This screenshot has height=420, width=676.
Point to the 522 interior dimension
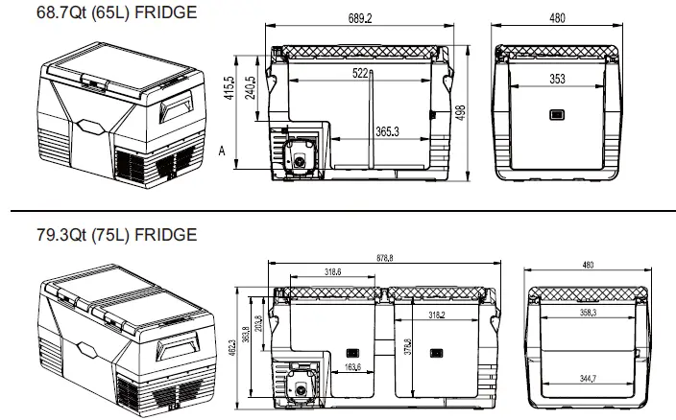point(361,73)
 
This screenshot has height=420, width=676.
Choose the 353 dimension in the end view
point(557,79)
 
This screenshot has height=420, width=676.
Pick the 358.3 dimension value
point(587,312)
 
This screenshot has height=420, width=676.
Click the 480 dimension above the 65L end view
point(557,19)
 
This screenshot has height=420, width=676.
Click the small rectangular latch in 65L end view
point(557,117)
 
